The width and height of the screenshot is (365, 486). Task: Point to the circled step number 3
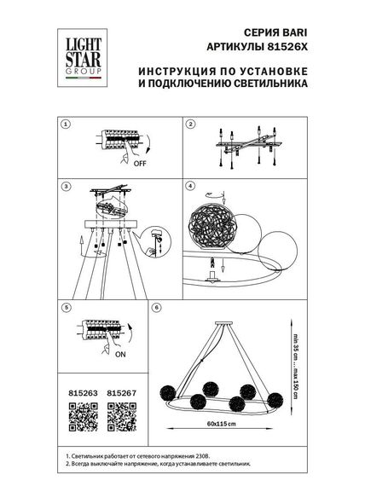click(x=65, y=185)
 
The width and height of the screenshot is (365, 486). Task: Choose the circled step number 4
click(x=191, y=185)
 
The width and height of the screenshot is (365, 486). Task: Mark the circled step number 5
click(x=65, y=306)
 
